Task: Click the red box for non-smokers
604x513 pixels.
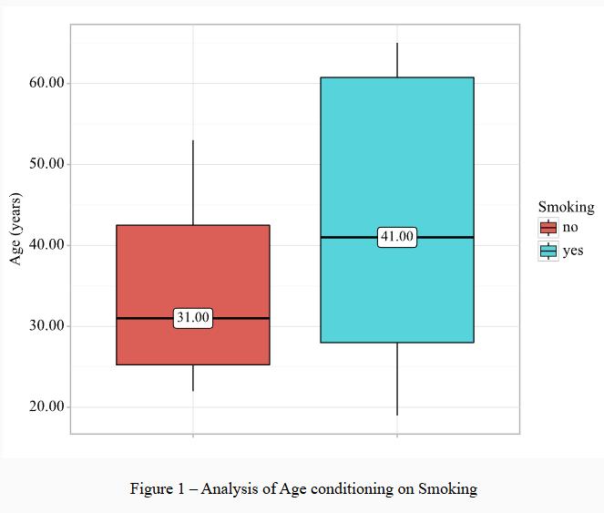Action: tap(193, 273)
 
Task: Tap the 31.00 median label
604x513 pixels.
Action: tap(193, 318)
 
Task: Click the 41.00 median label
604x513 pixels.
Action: tap(397, 237)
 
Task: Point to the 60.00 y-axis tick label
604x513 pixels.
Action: tap(46, 83)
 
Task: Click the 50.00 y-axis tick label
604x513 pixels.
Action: tap(46, 164)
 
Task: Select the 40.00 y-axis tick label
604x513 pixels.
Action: tap(46, 245)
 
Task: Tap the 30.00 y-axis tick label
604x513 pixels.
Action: tap(46, 326)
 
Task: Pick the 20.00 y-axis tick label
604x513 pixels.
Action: tap(46, 406)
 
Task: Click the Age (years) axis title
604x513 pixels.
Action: tap(15, 229)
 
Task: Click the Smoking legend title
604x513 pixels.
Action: tap(566, 207)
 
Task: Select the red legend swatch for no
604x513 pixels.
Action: tap(548, 228)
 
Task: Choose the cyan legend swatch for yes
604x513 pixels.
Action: tap(548, 251)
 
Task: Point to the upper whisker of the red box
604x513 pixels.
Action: tap(193, 182)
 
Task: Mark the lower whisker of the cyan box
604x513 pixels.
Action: tap(397, 378)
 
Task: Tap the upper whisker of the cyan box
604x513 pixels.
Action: tap(397, 60)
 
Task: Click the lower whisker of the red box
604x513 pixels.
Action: tap(193, 377)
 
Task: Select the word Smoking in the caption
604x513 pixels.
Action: tap(447, 489)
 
